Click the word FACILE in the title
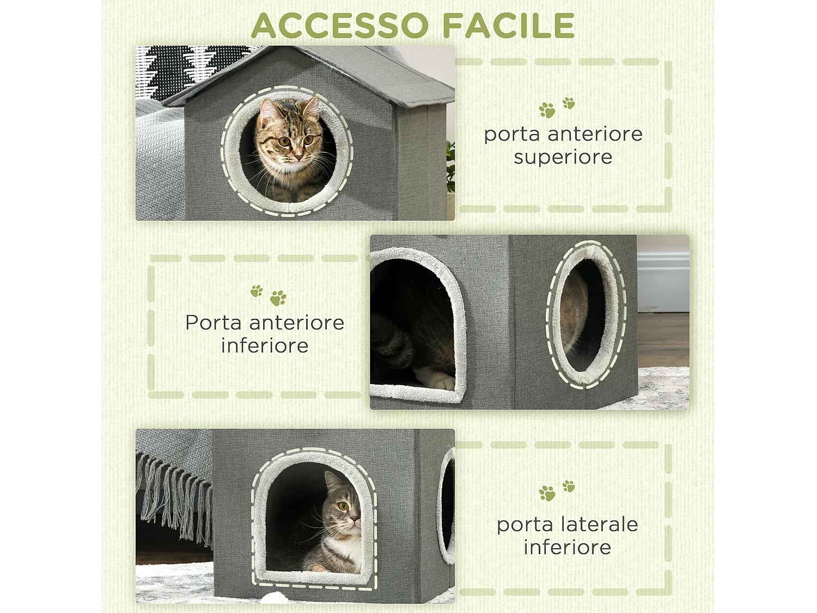[508, 26]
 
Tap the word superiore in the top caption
[563, 157]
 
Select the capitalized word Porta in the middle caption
[213, 323]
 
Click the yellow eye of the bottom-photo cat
[343, 506]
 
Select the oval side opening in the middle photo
[586, 315]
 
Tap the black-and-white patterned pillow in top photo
[180, 68]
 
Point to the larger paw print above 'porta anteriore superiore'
[547, 111]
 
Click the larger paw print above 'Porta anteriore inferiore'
[278, 298]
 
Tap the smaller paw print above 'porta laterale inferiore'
[569, 485]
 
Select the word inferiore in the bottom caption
[567, 547]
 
